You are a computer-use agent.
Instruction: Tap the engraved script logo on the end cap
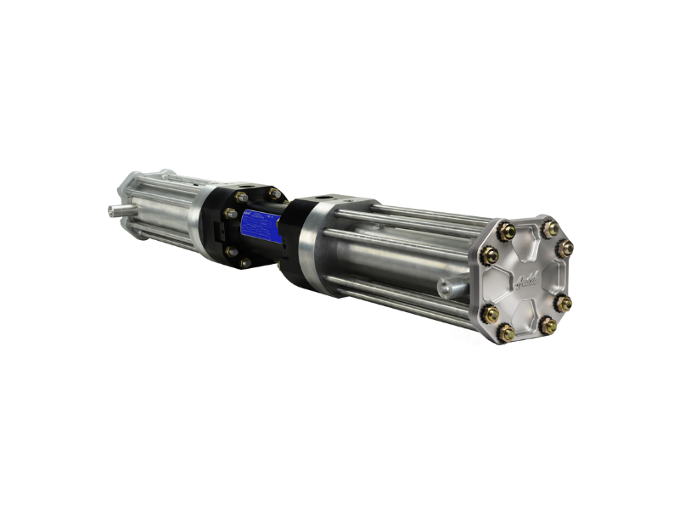point(528,277)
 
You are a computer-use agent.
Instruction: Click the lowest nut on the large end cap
point(507,333)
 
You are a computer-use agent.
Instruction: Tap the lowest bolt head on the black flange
point(244,263)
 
